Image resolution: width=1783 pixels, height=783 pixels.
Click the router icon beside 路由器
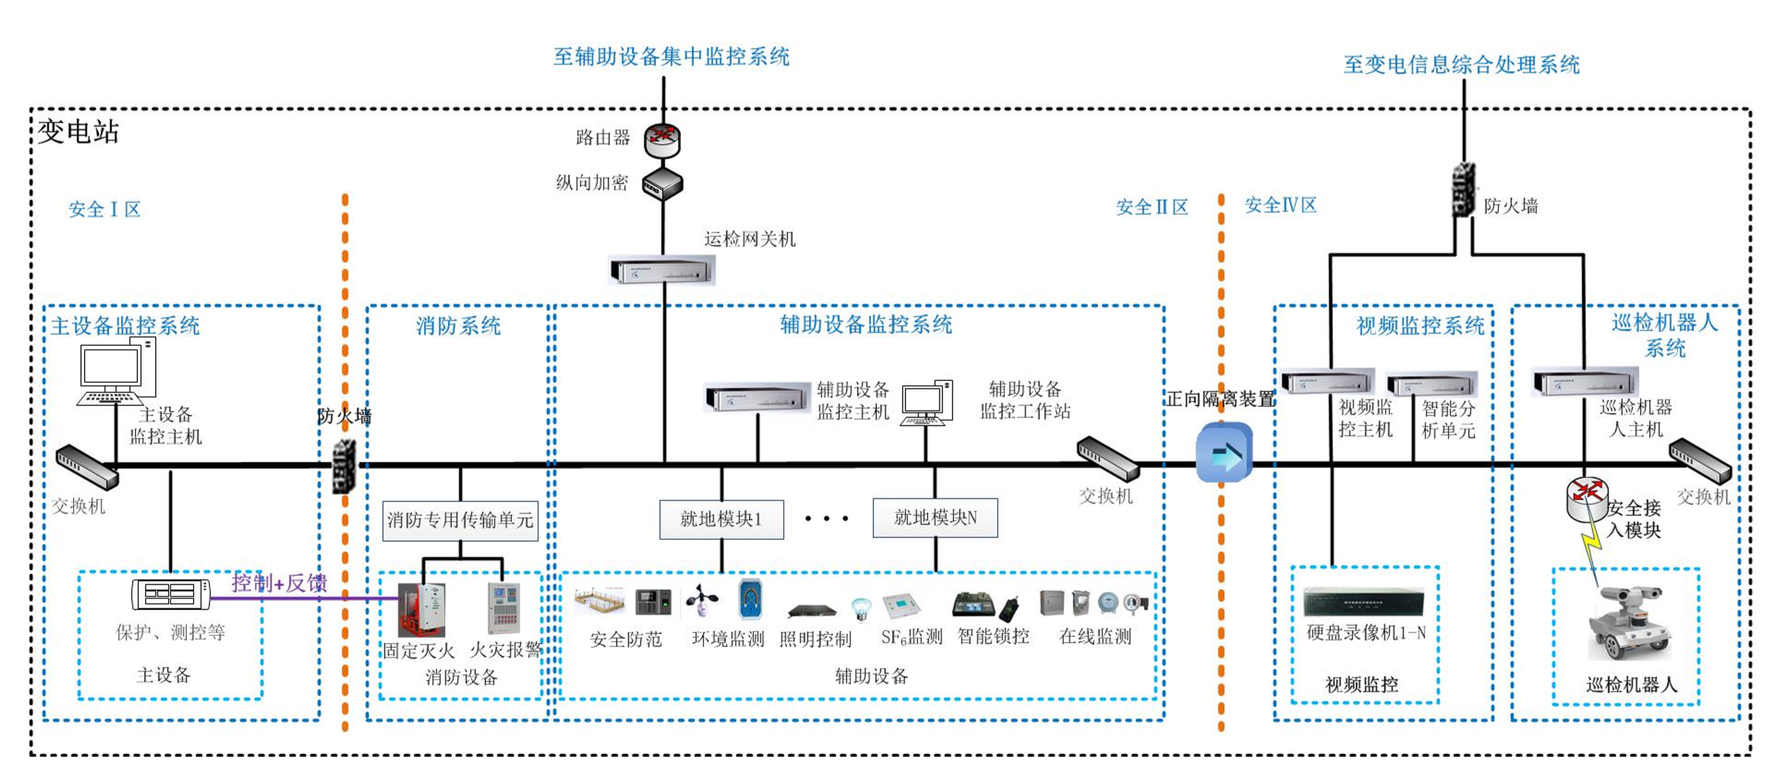point(663,140)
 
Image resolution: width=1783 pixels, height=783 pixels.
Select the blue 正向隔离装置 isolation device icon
point(1224,453)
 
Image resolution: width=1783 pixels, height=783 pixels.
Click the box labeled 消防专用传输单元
point(461,520)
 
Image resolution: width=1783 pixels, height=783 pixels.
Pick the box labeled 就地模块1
point(721,519)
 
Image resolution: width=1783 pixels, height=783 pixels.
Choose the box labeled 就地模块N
point(935,518)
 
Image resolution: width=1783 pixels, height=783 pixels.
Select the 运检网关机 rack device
point(662,270)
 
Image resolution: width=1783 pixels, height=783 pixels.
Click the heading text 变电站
point(79,132)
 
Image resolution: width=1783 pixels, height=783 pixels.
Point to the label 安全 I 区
point(105,209)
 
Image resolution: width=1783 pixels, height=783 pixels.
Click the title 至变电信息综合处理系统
point(1461,65)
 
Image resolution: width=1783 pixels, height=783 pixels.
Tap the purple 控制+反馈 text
point(279,583)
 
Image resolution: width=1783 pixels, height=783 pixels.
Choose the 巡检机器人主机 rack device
point(1586,381)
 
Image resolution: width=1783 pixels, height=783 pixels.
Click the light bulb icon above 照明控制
point(861,608)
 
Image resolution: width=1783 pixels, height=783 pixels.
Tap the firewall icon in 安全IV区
point(1463,191)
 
